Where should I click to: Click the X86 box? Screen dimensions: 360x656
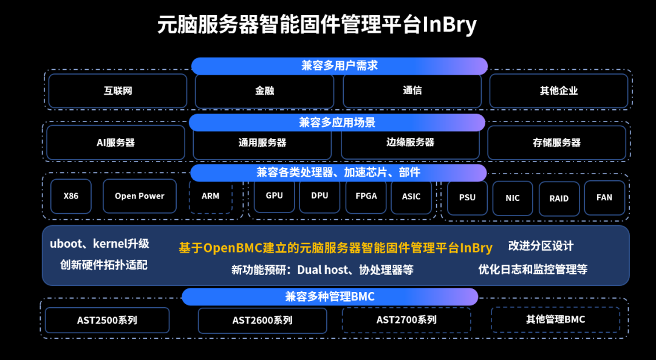click(71, 196)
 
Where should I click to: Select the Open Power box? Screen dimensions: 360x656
click(140, 196)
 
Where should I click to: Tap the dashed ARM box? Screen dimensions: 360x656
click(211, 196)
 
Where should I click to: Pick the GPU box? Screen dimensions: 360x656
click(274, 195)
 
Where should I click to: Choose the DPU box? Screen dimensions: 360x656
click(319, 195)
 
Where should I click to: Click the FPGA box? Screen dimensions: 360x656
click(366, 195)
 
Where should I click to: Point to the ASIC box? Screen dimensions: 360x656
click(411, 196)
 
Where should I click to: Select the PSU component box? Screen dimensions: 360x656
click(467, 197)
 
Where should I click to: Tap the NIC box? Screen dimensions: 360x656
click(513, 198)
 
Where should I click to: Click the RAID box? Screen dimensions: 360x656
click(559, 198)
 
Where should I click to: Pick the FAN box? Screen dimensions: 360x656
click(604, 197)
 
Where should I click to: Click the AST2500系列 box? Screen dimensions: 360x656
click(107, 320)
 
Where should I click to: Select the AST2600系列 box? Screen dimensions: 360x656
click(262, 320)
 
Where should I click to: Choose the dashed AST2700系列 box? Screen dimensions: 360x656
click(406, 319)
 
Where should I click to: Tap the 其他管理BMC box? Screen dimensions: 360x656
click(555, 319)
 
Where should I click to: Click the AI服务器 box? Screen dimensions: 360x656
click(115, 143)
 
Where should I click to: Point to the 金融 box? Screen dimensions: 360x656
click(264, 90)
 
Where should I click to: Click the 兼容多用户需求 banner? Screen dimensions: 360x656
click(340, 66)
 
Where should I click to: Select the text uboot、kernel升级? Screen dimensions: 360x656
click(100, 244)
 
